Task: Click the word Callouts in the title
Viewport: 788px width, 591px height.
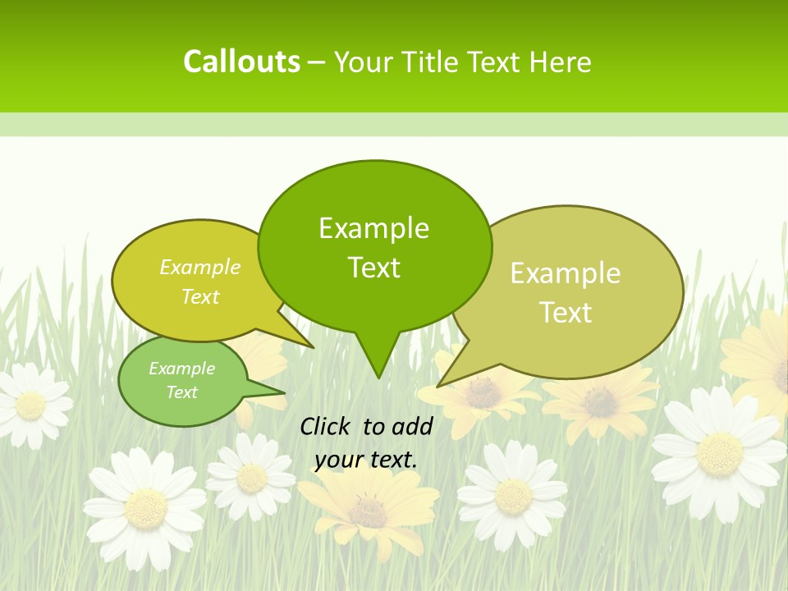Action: [241, 62]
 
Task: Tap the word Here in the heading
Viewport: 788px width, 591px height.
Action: [561, 62]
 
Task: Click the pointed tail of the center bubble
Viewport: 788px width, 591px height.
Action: [378, 361]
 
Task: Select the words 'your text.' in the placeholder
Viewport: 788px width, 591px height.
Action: [365, 459]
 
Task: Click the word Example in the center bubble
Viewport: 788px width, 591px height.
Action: [373, 228]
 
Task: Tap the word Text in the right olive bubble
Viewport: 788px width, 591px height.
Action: [566, 313]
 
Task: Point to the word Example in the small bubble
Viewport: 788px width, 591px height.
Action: [181, 369]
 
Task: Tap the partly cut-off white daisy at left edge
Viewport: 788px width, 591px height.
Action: [30, 405]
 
